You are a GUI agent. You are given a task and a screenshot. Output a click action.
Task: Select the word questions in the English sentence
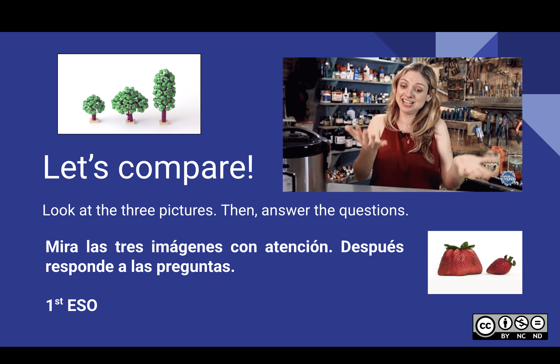click(374, 210)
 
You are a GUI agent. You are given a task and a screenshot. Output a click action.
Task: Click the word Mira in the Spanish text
click(62, 247)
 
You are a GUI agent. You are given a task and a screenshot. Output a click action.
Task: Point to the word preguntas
click(196, 267)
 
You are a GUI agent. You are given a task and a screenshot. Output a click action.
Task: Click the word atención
click(299, 247)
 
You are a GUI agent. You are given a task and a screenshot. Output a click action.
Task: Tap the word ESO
click(82, 306)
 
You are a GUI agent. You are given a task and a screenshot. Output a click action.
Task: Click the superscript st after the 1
click(59, 301)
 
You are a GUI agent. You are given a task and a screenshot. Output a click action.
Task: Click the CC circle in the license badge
click(485, 325)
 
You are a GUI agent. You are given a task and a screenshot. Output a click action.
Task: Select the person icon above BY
click(505, 323)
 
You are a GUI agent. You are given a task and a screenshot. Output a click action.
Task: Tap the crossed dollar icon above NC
click(521, 323)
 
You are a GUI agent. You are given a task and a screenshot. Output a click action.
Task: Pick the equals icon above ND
click(538, 323)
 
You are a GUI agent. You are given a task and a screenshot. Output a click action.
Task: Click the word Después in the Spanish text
click(372, 247)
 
